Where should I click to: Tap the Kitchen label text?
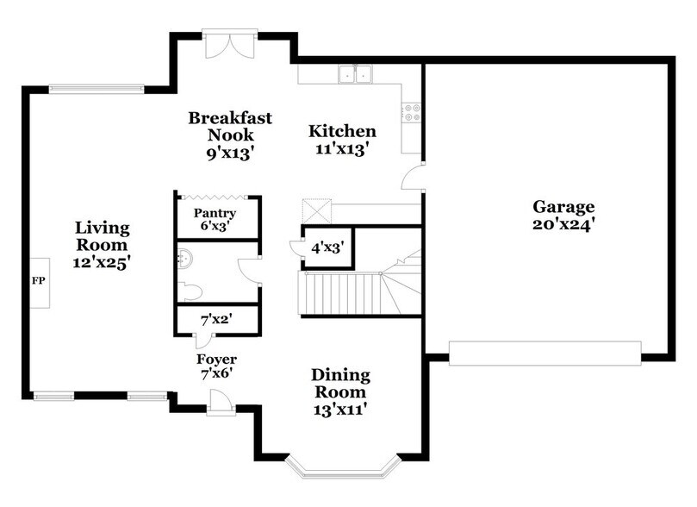(343, 140)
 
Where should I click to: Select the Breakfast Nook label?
(230, 135)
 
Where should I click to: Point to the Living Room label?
(102, 246)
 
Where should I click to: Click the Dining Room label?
(340, 392)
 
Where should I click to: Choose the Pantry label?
(215, 220)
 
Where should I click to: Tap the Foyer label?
(216, 366)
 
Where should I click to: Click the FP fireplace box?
(39, 282)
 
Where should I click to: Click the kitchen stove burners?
(412, 112)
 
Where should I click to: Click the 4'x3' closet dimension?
(327, 248)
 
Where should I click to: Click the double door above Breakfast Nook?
(229, 43)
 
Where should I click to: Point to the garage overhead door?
(545, 353)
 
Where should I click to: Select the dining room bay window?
(340, 466)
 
